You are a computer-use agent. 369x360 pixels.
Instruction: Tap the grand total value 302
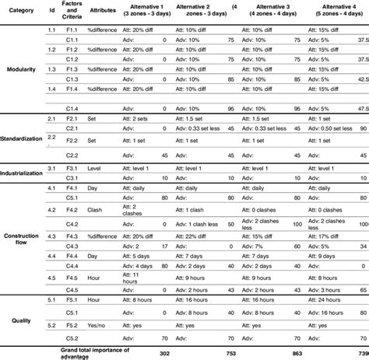point(163,352)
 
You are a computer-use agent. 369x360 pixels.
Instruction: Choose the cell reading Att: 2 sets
point(144,118)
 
